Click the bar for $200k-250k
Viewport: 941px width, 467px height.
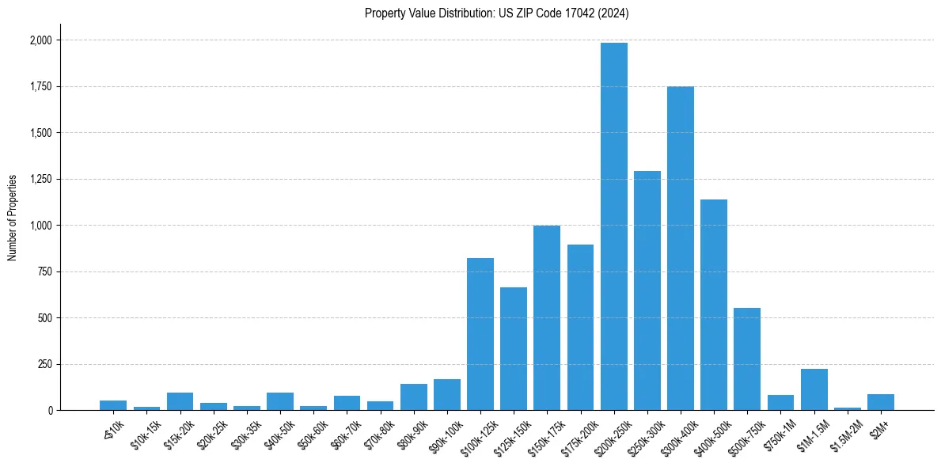tap(614, 226)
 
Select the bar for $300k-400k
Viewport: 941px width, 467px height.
tap(681, 249)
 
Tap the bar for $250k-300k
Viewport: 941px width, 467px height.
tap(647, 290)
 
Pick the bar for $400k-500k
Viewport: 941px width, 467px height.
tap(714, 305)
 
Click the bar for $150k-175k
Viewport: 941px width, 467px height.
tap(547, 318)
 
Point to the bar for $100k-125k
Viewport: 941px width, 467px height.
tap(480, 334)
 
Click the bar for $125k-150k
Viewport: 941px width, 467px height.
tap(514, 349)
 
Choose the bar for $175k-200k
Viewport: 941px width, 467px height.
tap(580, 328)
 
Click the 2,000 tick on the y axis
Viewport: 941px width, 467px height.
tap(40, 40)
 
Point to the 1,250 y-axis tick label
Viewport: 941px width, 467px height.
tap(40, 180)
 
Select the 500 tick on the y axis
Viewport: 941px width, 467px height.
tap(44, 318)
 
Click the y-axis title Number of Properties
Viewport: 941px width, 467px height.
tap(13, 218)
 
